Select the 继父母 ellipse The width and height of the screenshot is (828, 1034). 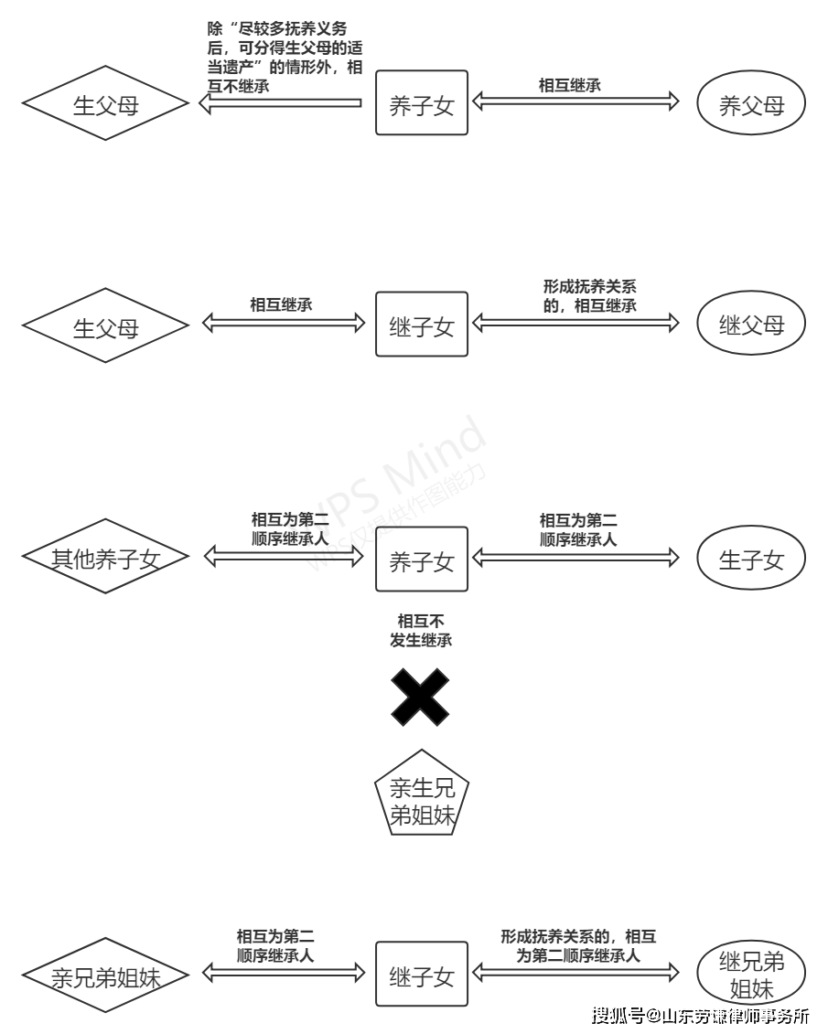click(752, 324)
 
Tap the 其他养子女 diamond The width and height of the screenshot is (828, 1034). click(105, 558)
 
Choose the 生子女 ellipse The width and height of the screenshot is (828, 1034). click(752, 559)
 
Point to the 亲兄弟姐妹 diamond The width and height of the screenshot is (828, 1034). click(105, 975)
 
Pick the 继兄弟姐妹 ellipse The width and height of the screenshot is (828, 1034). click(752, 975)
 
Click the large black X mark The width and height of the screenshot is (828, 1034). click(421, 698)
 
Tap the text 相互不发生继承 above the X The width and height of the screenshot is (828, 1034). click(421, 631)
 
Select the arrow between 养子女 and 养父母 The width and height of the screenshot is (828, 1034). click(575, 101)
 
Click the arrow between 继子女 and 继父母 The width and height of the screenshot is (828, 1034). click(575, 322)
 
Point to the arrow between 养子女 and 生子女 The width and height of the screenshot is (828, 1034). click(575, 557)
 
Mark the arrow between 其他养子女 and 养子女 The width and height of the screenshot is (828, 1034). click(283, 557)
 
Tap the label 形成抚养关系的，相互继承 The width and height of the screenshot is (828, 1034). click(589, 296)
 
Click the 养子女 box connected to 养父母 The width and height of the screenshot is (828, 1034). click(422, 102)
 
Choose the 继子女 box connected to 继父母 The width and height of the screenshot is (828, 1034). click(422, 324)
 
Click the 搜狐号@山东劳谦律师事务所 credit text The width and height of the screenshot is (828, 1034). click(701, 1015)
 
